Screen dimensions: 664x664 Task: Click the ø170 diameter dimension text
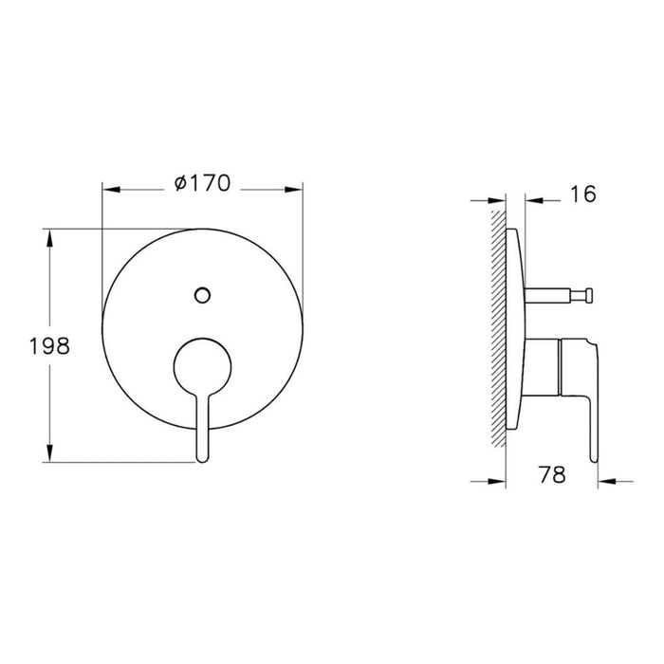202,184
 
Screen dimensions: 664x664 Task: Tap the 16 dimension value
583,194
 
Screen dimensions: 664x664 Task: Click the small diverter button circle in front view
200,294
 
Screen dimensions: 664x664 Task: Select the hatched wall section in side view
499,332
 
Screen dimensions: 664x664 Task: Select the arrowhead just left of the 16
532,200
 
